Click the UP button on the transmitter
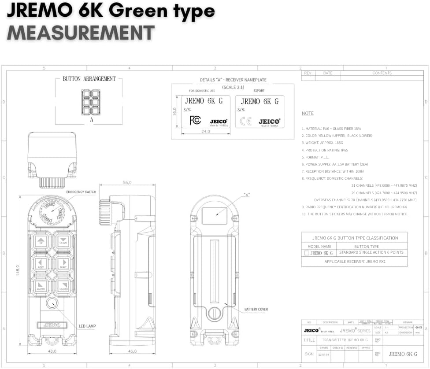tap(41, 240)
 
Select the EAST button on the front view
tap(41, 263)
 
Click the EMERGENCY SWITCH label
tap(81, 192)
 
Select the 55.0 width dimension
tap(127, 182)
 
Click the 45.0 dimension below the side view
tap(132, 351)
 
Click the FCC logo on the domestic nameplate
tap(195, 120)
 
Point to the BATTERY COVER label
tap(256, 310)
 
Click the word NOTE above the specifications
tap(308, 114)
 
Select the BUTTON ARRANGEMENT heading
tap(89, 79)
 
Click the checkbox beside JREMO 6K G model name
tap(306, 253)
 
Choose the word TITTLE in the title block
tap(309, 340)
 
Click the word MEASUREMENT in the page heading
tap(81, 33)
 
